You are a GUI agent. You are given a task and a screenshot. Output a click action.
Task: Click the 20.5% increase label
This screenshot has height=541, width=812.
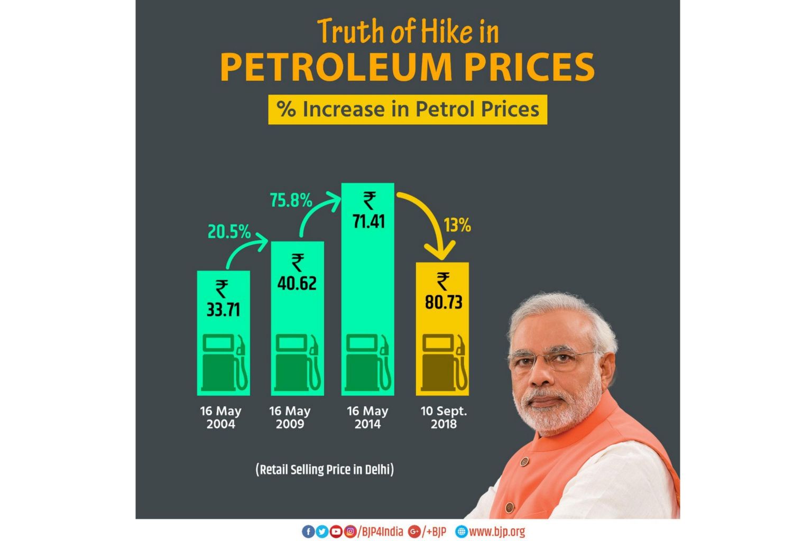click(x=229, y=231)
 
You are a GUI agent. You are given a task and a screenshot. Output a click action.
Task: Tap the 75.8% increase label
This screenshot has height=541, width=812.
click(x=291, y=200)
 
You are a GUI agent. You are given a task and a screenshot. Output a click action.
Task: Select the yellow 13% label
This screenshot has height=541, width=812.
click(x=457, y=225)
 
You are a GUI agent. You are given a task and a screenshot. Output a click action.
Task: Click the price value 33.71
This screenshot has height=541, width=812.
click(x=223, y=310)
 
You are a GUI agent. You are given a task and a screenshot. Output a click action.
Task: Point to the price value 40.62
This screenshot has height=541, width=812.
click(x=297, y=283)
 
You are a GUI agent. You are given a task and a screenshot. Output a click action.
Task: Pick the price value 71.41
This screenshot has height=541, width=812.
click(x=368, y=221)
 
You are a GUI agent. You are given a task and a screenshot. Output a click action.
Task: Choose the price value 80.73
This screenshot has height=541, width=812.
click(x=444, y=302)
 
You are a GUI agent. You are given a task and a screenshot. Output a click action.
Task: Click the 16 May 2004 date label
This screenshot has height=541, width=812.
click(x=221, y=417)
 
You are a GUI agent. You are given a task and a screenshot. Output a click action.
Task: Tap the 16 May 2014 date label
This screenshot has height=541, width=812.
click(x=367, y=417)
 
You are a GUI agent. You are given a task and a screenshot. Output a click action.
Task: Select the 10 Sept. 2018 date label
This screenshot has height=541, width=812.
click(x=444, y=417)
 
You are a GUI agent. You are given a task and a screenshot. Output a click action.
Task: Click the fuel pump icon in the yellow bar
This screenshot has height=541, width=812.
click(x=445, y=363)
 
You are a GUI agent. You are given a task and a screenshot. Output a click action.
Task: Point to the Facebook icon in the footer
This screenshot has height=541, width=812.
click(x=308, y=531)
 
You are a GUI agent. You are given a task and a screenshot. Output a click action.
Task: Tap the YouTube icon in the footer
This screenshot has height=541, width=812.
click(x=336, y=531)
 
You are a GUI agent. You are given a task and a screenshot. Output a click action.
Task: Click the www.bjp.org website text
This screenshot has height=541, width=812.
click(x=497, y=531)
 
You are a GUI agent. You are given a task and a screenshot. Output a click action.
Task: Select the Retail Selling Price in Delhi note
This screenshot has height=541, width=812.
click(x=325, y=470)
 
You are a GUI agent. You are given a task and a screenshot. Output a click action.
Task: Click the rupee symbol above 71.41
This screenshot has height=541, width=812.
click(x=370, y=201)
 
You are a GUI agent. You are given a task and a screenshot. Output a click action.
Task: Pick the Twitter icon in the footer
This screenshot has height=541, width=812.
click(x=322, y=531)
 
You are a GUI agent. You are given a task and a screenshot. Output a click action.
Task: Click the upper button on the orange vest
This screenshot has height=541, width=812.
click(x=524, y=462)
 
